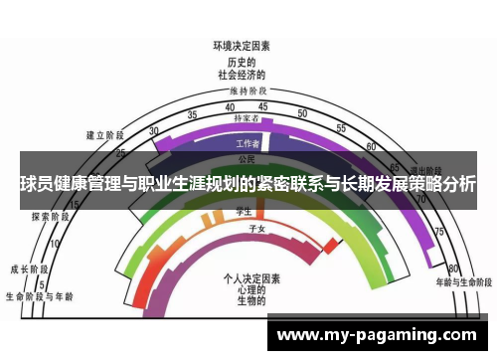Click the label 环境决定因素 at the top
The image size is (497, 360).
click(242, 46)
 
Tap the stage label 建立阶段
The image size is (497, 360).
click(104, 135)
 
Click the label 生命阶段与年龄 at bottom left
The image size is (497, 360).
click(39, 295)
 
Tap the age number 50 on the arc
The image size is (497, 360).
click(304, 112)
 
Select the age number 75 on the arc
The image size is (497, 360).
click(438, 231)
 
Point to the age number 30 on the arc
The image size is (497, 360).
click(154, 131)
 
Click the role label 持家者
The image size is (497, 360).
click(247, 118)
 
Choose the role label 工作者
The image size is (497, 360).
click(248, 143)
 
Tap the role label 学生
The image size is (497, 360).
click(242, 212)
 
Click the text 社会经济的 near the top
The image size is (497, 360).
click(242, 75)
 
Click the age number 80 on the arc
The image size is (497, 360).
click(453, 269)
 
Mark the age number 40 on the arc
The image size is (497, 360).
click(230, 106)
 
